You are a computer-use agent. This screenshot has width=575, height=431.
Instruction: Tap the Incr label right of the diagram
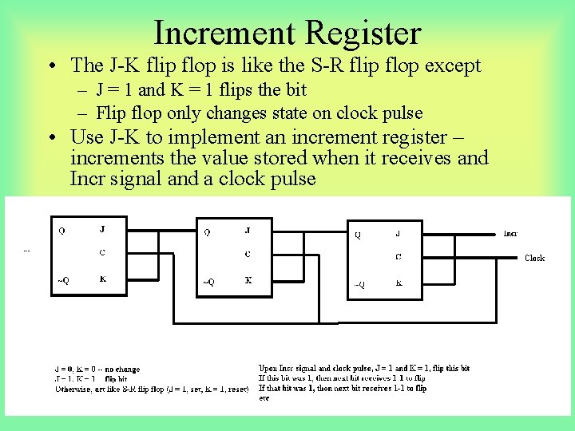tap(510, 234)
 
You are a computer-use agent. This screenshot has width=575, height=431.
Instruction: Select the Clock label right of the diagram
tap(534, 258)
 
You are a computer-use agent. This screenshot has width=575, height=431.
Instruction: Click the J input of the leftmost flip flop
tap(101, 230)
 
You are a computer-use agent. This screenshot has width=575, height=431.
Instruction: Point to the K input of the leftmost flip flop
tap(101, 279)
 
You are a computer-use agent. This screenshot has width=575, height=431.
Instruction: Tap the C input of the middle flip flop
tap(248, 254)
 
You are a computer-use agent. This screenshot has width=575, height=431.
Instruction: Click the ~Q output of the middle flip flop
tap(208, 281)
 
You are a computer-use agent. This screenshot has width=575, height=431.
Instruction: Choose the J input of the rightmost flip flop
tap(398, 234)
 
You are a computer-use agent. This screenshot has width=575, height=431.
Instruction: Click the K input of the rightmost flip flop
tap(399, 283)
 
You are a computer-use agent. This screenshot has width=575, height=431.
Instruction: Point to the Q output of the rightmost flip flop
tap(358, 235)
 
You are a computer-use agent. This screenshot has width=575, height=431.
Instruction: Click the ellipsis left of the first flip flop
tap(26, 250)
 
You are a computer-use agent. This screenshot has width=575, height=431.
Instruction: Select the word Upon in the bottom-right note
tap(269, 369)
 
